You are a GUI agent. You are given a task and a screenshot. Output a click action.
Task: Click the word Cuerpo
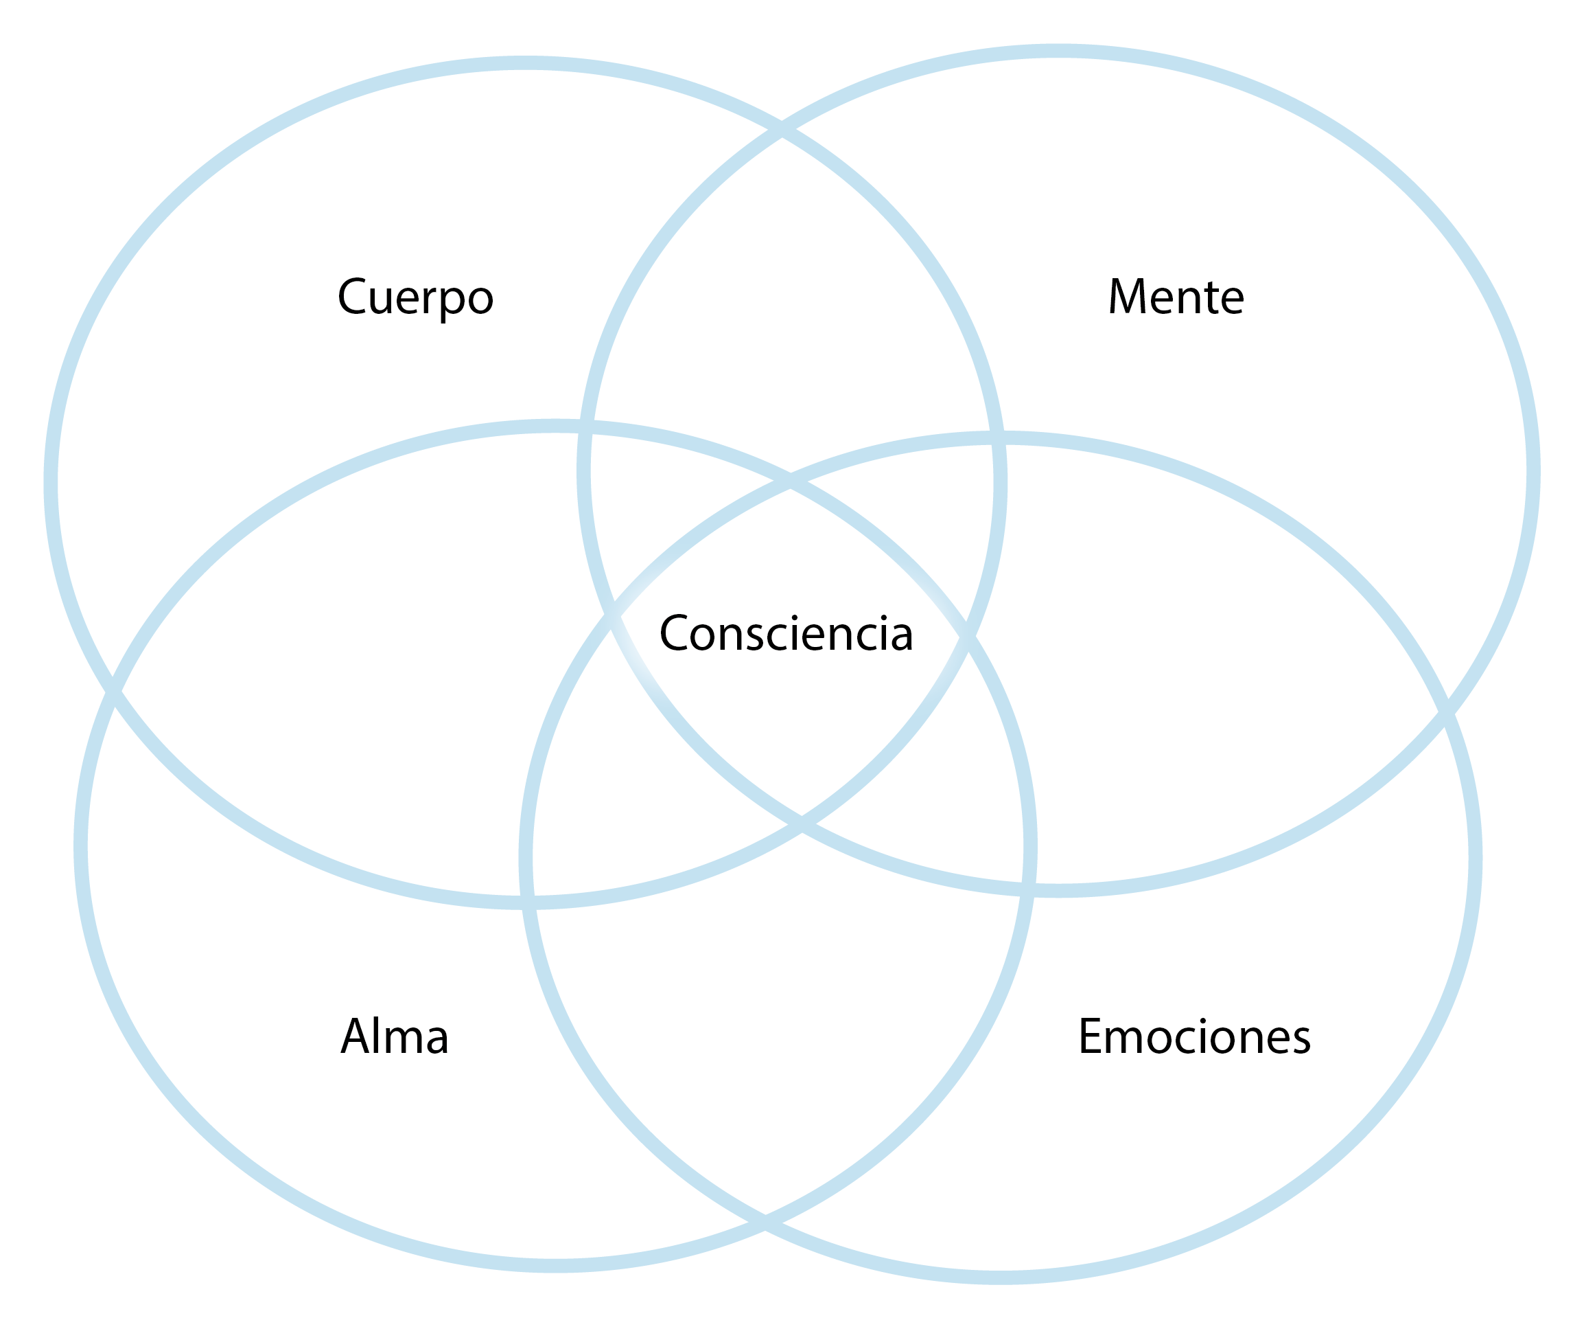(415, 297)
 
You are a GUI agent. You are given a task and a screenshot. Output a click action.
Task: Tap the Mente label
(1175, 297)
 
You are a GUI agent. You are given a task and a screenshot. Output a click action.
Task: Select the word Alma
(395, 1037)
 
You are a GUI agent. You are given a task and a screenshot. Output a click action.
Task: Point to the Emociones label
(1194, 1037)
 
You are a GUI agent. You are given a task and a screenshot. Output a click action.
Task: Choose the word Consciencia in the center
(786, 634)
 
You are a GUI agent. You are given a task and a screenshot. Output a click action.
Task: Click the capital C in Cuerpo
(351, 297)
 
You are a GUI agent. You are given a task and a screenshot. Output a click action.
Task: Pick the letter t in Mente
(1213, 297)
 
